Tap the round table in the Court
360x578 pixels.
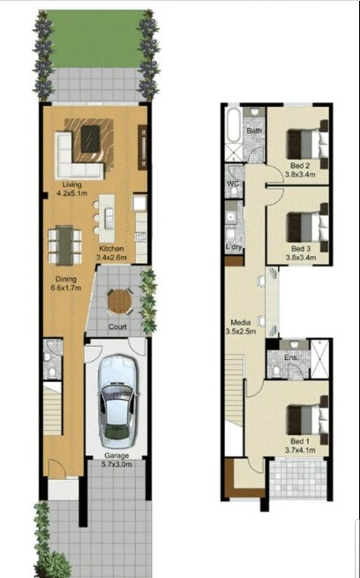click(118, 302)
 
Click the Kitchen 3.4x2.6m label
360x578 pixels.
click(112, 253)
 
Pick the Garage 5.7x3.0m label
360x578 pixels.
click(112, 461)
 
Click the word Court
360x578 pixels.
click(116, 326)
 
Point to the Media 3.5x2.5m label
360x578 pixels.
click(243, 327)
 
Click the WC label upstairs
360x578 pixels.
click(233, 184)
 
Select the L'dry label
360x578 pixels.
click(234, 247)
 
